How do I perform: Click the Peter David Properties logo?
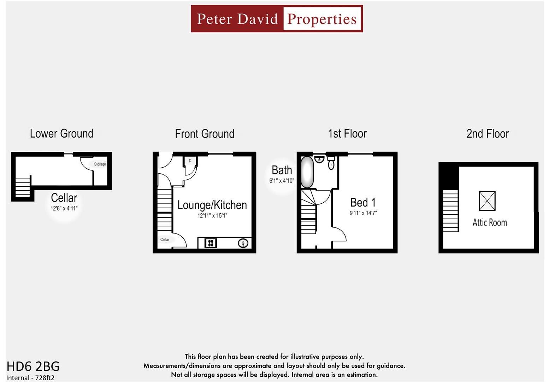tap(277, 19)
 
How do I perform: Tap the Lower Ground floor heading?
tap(61, 134)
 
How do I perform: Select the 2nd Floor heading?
tap(488, 134)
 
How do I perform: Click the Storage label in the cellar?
tap(100, 164)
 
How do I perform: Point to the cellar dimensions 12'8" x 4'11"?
tap(64, 208)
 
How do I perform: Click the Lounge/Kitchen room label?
tap(212, 205)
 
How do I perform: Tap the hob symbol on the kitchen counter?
tap(211, 243)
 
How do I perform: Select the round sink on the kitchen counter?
tap(243, 243)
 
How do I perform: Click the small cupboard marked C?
tap(190, 161)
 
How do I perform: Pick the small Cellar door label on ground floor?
tap(165, 239)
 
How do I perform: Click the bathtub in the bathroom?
tap(307, 172)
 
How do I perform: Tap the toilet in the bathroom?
tap(331, 163)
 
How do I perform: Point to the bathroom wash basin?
tap(319, 160)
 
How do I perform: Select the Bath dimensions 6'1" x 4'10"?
tap(282, 181)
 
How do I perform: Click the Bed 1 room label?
tap(363, 203)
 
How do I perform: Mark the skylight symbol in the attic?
tap(487, 201)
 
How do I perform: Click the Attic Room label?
tap(490, 222)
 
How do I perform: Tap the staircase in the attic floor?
tap(450, 210)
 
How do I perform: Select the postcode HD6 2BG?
tap(33, 366)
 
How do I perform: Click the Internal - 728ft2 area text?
tap(30, 378)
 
